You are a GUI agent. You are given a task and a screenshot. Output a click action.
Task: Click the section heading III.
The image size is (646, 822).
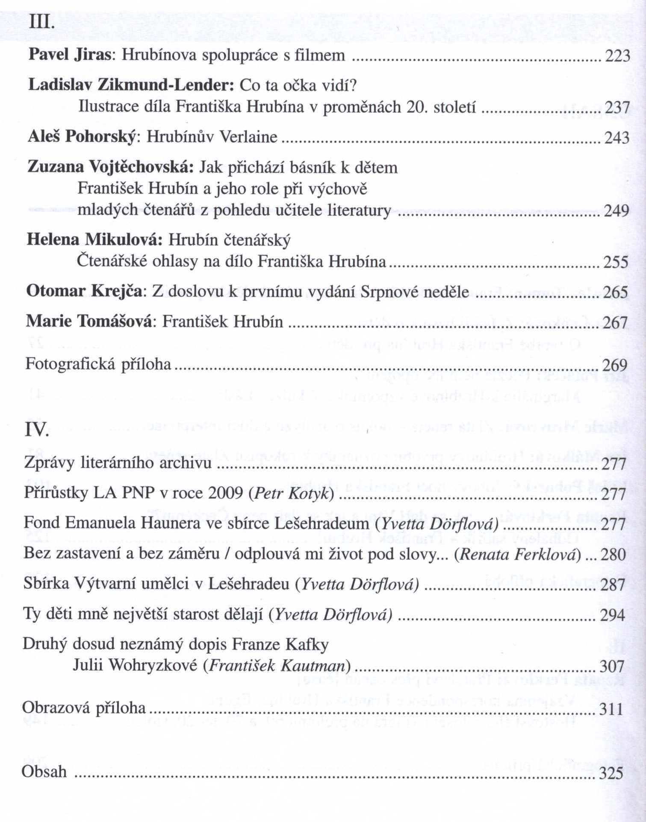pos(41,22)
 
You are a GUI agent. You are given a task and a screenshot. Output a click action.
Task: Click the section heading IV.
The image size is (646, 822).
pos(37,429)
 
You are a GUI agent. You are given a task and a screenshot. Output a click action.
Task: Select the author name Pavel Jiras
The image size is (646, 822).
pos(70,55)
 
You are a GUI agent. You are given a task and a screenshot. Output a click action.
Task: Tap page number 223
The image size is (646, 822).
pos(617,56)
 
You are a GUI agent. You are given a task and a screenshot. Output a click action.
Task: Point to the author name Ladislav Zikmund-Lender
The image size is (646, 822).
pos(131,85)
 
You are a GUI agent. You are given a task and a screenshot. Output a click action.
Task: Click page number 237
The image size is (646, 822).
pos(617,107)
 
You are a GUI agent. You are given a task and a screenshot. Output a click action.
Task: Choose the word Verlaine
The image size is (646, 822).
pos(248,137)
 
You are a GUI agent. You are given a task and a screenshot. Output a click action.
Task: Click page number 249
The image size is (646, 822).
pos(616,211)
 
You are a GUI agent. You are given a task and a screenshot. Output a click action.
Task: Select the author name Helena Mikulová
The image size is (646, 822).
pos(94,240)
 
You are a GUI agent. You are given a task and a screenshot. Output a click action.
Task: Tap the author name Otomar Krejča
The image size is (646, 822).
pos(84,292)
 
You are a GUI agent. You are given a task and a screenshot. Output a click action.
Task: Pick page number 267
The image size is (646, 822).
pos(615,322)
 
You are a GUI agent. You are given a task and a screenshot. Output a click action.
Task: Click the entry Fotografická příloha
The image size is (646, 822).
pos(98,364)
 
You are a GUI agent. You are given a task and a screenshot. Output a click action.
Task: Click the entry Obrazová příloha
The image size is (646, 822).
pos(84,708)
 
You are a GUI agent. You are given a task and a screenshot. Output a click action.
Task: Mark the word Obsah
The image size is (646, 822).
pos(44,772)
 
